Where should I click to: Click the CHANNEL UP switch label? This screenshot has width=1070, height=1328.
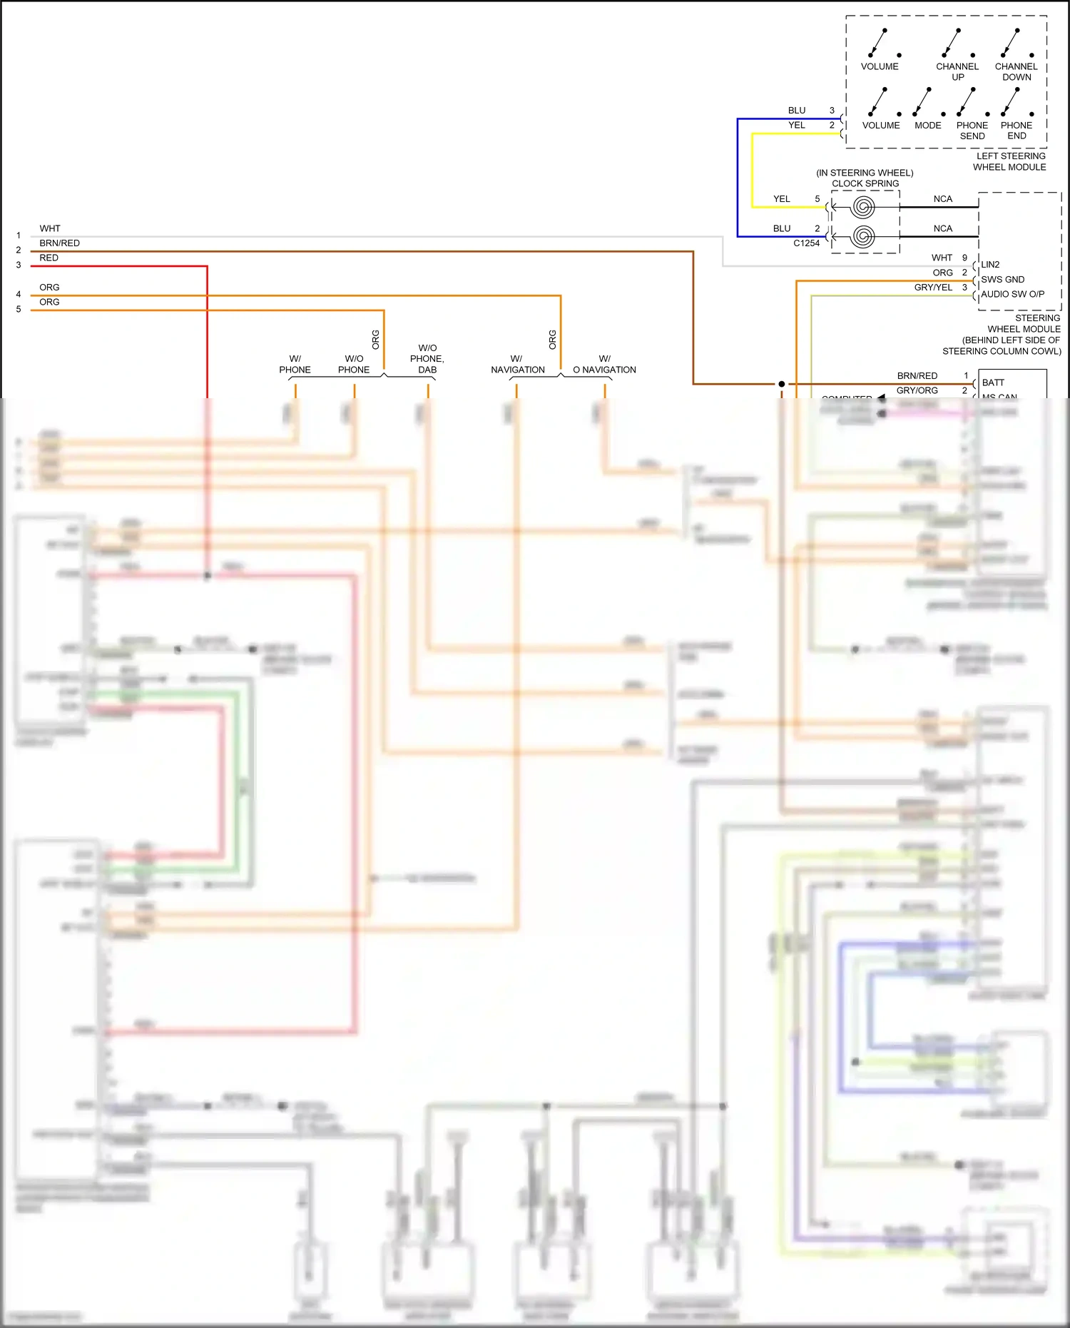[957, 71]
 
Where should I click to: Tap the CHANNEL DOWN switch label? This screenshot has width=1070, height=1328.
[1016, 71]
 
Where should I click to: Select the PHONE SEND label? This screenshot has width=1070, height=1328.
[972, 131]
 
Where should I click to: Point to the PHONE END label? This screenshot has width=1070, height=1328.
[1016, 131]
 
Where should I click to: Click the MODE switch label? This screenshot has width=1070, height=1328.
[927, 126]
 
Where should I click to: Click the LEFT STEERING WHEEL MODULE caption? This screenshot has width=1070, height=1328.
[1010, 161]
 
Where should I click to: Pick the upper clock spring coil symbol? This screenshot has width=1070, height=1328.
[863, 208]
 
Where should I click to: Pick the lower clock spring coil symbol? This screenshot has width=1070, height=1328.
[863, 236]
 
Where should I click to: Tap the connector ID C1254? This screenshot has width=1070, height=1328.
[806, 243]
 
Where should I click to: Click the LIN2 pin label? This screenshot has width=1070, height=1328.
[990, 265]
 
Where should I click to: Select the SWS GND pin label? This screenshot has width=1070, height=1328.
[1002, 280]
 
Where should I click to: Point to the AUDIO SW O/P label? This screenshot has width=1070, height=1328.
[1012, 294]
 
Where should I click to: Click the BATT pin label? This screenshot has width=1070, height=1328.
[993, 383]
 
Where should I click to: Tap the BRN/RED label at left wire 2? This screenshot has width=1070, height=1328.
[59, 243]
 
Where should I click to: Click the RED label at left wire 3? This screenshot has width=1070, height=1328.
[49, 258]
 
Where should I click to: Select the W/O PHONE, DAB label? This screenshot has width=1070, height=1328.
[427, 359]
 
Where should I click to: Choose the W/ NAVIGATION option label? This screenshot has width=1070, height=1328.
[517, 365]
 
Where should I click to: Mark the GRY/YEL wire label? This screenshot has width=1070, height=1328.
[933, 288]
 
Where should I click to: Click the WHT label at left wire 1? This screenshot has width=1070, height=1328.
[50, 229]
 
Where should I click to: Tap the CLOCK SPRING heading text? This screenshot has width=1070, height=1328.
[865, 183]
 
